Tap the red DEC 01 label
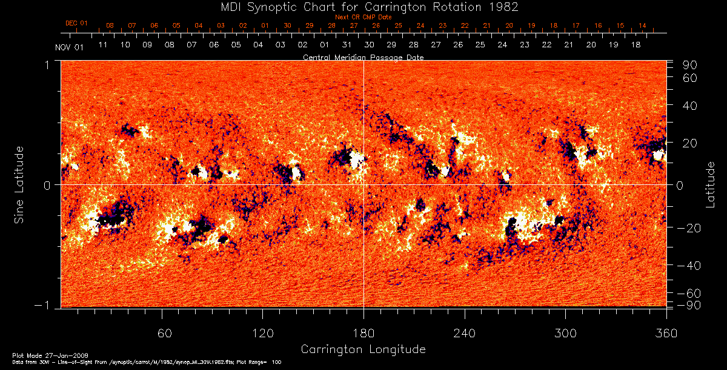(76, 24)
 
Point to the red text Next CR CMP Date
(363, 17)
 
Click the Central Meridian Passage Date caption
(363, 57)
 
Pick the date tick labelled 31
(347, 45)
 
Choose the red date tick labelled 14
(642, 25)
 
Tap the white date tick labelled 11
(103, 45)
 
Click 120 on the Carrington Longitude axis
(263, 334)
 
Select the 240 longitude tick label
(465, 334)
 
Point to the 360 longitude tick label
(666, 334)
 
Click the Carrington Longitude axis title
(363, 349)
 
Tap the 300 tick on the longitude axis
(565, 334)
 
